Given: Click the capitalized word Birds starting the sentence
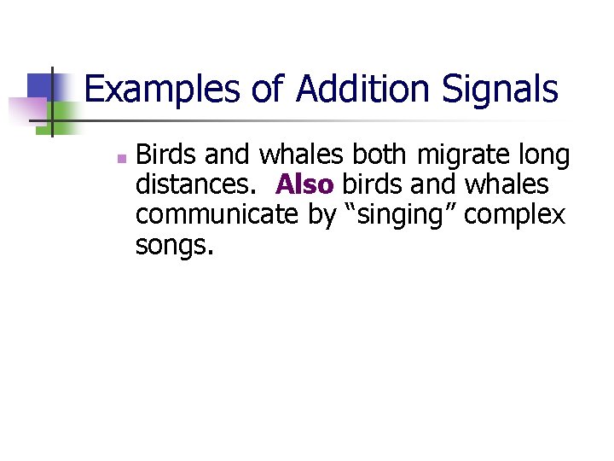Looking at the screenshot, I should tap(167, 155).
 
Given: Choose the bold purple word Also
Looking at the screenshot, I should tap(304, 185).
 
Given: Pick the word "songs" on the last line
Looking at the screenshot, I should tap(170, 247).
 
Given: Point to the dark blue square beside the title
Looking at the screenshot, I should tap(40, 86).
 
